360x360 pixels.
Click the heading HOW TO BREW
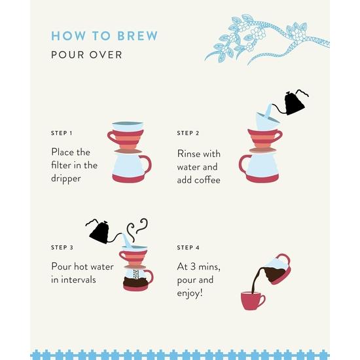(x=105, y=35)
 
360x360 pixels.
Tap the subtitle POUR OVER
(x=86, y=54)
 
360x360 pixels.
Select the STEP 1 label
(x=62, y=133)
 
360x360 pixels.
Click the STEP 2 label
(x=187, y=133)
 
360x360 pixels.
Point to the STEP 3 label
(x=62, y=247)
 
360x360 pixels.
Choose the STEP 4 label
(x=187, y=247)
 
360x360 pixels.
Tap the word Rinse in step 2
(x=191, y=154)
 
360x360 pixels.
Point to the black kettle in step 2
(x=292, y=103)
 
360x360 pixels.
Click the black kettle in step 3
(x=100, y=231)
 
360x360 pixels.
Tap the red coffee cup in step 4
(x=253, y=300)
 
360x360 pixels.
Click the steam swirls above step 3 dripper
(x=137, y=229)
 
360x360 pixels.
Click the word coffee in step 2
(x=206, y=180)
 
